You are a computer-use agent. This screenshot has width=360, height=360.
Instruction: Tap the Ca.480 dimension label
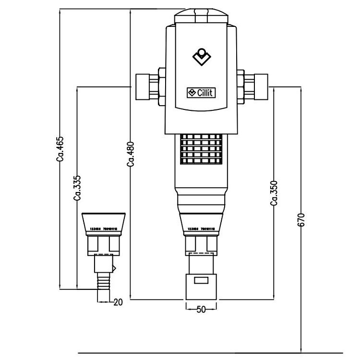pyautogui.click(x=131, y=155)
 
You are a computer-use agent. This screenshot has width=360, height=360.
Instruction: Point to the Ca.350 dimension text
pyautogui.click(x=274, y=193)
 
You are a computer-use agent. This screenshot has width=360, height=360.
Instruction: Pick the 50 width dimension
pyautogui.click(x=201, y=310)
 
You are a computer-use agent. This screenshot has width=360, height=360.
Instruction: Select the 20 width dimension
pyautogui.click(x=118, y=302)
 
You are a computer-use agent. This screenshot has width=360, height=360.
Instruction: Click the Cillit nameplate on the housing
pyautogui.click(x=201, y=93)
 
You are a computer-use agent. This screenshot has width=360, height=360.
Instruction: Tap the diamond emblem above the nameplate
pyautogui.click(x=201, y=57)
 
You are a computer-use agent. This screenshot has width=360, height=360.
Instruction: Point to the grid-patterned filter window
pyautogui.click(x=201, y=147)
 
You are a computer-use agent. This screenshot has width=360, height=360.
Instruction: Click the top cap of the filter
pyautogui.click(x=201, y=17)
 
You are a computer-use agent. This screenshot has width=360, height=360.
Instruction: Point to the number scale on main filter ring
pyautogui.click(x=201, y=229)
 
